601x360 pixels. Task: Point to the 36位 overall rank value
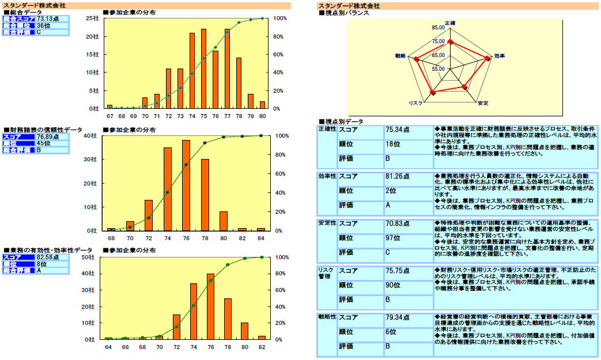[x=44, y=25]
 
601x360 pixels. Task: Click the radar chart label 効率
[x=500, y=56]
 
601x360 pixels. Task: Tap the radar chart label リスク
[x=415, y=103]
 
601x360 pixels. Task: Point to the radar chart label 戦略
[x=400, y=56]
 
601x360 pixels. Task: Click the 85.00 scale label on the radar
[x=437, y=28]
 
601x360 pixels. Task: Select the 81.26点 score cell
[x=397, y=177]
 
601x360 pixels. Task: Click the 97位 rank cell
[x=394, y=238]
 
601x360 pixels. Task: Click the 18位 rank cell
[x=394, y=143]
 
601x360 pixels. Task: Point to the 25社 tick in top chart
[x=92, y=18]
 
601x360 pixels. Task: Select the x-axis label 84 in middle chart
[x=261, y=237]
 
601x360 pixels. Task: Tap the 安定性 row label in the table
[x=327, y=223]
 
